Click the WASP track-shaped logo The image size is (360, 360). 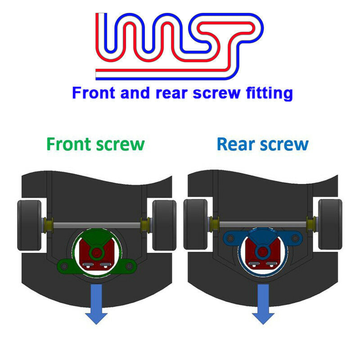tap(179, 46)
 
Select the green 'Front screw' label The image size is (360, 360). tap(96, 144)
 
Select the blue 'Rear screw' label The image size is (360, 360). tap(263, 144)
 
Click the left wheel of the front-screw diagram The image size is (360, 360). tap(29, 225)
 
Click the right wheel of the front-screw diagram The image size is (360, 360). tap(164, 225)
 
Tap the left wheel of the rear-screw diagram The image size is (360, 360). tap(195, 224)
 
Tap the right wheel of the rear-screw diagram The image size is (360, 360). tap(330, 224)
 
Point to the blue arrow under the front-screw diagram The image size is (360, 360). tap(96, 304)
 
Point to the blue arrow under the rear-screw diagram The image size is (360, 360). tap(263, 304)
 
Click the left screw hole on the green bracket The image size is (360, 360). tap(64, 266)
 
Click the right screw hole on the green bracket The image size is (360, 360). tap(129, 266)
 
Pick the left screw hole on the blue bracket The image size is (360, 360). tap(230, 238)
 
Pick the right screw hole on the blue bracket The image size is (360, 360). tap(295, 238)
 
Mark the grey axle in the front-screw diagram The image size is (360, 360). tap(97, 225)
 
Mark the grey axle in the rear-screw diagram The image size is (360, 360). tap(263, 224)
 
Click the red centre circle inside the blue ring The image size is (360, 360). tap(263, 252)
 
